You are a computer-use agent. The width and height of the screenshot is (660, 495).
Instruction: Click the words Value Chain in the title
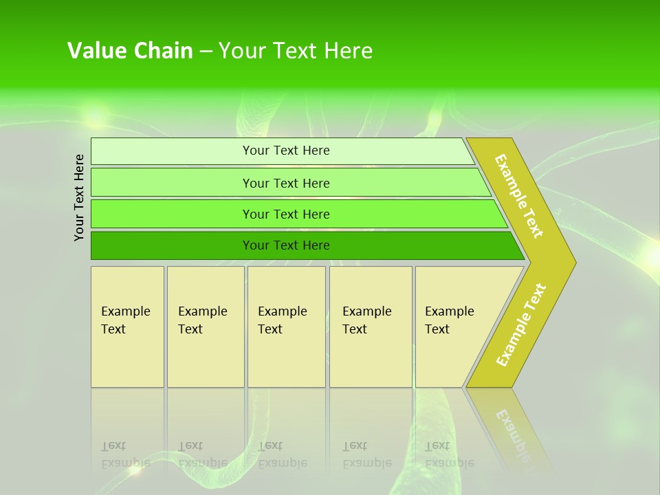point(130,51)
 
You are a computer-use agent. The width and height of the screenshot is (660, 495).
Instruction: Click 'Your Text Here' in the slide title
point(296,51)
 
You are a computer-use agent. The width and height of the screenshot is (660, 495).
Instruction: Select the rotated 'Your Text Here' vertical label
point(79,197)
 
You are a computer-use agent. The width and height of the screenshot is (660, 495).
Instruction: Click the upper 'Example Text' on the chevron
point(519,196)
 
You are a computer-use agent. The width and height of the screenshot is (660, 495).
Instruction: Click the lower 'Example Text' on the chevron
point(521,325)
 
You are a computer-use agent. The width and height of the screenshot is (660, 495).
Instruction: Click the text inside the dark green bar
point(286,245)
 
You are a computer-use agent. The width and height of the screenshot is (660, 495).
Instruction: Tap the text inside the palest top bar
point(286,151)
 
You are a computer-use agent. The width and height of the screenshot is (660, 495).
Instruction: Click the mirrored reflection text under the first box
point(125,454)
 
